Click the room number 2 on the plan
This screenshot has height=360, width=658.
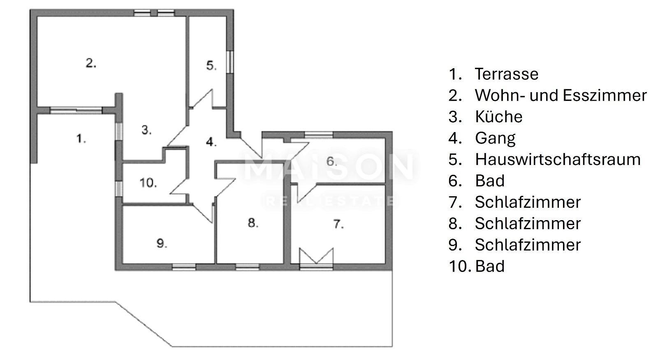(91, 63)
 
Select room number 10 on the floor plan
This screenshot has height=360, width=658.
(148, 183)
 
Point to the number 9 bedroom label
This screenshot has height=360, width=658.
(162, 243)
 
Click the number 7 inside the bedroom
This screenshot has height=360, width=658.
(338, 224)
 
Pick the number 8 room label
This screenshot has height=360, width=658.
(253, 223)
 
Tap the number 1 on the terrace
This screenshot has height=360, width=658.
(81, 138)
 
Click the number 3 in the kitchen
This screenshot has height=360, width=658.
(146, 130)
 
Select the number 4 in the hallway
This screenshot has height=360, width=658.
(211, 142)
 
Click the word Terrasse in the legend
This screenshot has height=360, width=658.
(506, 74)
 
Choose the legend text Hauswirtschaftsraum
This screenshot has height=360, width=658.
(558, 160)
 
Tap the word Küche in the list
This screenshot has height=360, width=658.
(498, 117)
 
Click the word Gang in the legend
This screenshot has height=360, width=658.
(495, 138)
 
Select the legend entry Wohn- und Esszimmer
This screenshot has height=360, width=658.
(561, 95)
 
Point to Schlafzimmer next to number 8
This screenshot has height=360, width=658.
(528, 223)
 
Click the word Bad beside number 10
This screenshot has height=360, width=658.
(490, 266)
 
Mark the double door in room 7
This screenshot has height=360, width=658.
(316, 258)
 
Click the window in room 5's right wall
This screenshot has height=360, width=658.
(230, 62)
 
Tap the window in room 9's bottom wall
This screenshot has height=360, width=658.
(184, 267)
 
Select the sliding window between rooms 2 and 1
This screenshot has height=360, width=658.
(76, 111)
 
